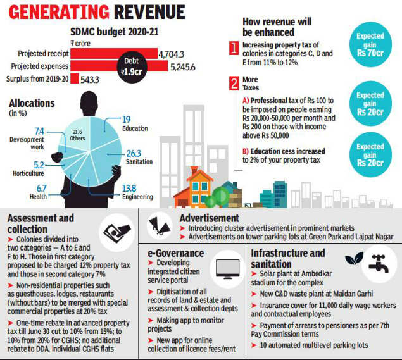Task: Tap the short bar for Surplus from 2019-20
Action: (x=74, y=78)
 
